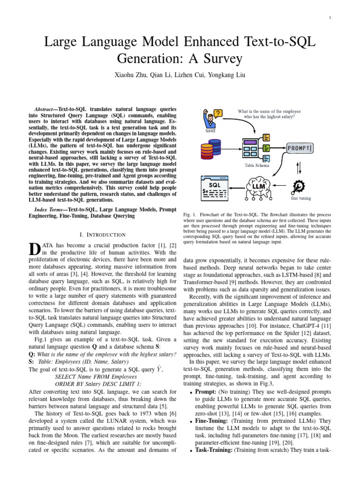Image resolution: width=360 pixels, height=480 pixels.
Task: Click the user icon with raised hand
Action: tap(210, 118)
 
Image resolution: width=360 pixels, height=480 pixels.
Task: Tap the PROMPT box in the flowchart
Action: tap(300, 149)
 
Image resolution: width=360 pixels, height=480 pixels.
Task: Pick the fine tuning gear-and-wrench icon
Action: tap(299, 186)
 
